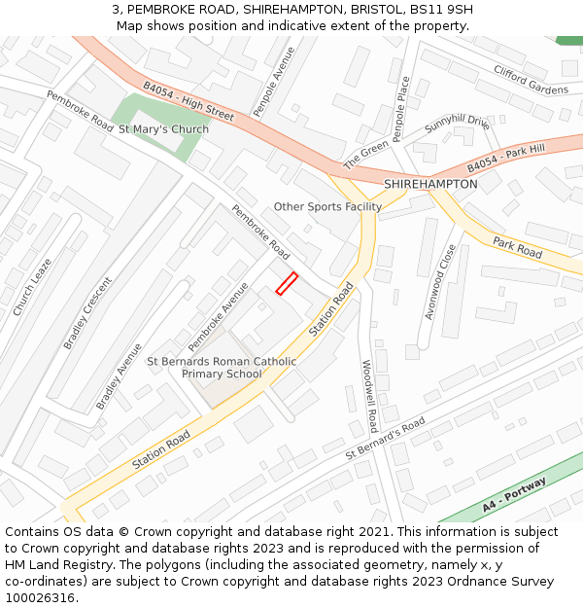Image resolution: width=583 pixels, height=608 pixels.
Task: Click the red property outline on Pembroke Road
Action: tap(287, 283)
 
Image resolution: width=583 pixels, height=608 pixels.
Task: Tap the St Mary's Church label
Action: tap(163, 129)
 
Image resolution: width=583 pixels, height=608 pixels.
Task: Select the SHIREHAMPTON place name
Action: tap(430, 184)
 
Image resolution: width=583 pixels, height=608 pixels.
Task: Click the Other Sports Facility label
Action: tap(327, 206)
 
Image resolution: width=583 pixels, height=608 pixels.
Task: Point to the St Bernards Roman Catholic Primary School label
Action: tap(222, 368)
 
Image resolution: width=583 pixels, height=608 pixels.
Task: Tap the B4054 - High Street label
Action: tap(189, 100)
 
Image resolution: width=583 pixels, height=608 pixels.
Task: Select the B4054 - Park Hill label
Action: tap(506, 157)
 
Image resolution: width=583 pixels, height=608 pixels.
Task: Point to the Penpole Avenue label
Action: tap(273, 82)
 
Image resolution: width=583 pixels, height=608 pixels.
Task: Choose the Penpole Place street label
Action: tap(401, 109)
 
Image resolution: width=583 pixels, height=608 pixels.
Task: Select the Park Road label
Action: tap(517, 247)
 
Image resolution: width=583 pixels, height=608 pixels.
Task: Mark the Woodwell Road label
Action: tap(370, 396)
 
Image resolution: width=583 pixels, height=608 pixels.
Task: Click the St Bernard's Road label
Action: tap(386, 440)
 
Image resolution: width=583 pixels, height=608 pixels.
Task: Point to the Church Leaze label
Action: tap(32, 287)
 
